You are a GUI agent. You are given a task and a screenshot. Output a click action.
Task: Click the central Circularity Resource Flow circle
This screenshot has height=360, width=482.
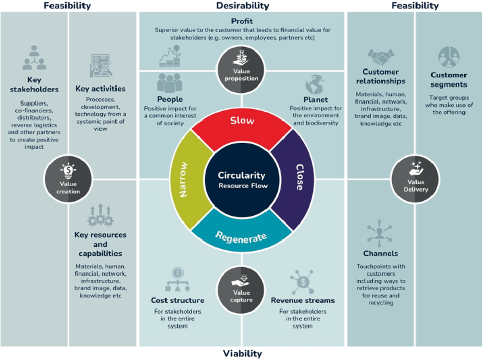pyautogui.click(x=242, y=180)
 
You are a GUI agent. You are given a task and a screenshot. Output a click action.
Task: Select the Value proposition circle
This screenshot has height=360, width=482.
pyautogui.click(x=241, y=70)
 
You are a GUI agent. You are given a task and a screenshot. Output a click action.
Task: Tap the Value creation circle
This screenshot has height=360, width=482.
pyautogui.click(x=68, y=179)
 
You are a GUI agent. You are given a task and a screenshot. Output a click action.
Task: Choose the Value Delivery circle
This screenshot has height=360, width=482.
pyautogui.click(x=415, y=179)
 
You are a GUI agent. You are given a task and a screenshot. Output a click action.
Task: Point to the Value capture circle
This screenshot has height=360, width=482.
pyautogui.click(x=241, y=290)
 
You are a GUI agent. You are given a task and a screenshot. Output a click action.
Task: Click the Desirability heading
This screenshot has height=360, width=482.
pyautogui.click(x=242, y=6)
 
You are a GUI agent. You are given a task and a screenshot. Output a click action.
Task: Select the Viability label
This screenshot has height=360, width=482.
pyautogui.click(x=242, y=353)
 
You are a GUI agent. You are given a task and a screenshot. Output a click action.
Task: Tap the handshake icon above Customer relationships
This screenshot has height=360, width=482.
pyautogui.click(x=380, y=57)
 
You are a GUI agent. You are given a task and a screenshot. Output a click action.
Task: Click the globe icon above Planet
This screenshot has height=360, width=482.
pyautogui.click(x=315, y=84)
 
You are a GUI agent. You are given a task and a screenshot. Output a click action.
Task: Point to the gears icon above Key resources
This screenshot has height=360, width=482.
pyautogui.click(x=101, y=215)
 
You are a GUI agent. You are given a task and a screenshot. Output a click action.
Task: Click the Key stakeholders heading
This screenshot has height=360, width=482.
pyautogui.click(x=34, y=84)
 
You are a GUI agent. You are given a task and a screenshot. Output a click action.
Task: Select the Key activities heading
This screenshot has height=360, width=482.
pyautogui.click(x=101, y=89)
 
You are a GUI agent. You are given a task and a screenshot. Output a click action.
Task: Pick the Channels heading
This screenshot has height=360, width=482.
pyautogui.click(x=380, y=253)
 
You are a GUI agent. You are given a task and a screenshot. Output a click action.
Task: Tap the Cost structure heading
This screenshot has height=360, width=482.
pyautogui.click(x=177, y=300)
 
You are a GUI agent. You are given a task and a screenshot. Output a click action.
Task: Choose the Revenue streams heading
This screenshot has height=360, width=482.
pyautogui.click(x=303, y=300)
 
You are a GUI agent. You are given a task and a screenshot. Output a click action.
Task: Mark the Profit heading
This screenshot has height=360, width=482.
pyautogui.click(x=242, y=21)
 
